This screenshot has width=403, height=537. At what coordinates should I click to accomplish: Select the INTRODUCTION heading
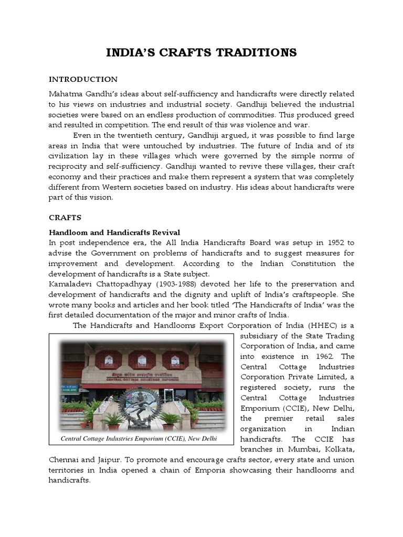click(83, 79)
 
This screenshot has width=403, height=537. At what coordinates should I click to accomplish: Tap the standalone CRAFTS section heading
click(65, 217)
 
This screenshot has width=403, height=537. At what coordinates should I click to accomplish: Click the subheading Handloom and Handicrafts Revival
click(114, 232)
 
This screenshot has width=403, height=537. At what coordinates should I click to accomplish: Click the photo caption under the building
click(139, 438)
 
